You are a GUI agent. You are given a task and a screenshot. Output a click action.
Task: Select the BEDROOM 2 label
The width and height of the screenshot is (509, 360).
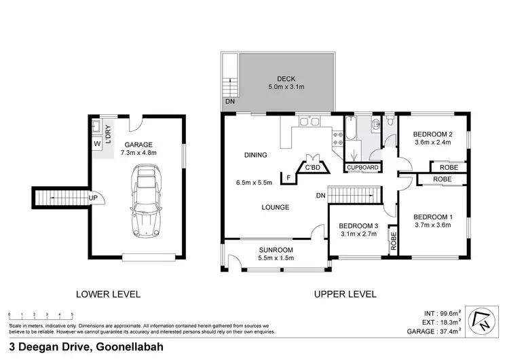pyautogui.click(x=432, y=134)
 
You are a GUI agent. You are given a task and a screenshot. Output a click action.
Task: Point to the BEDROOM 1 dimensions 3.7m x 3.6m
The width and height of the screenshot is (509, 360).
pyautogui.click(x=432, y=225)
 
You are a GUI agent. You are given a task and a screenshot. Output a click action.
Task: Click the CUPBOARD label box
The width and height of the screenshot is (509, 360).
pyautogui.click(x=362, y=167)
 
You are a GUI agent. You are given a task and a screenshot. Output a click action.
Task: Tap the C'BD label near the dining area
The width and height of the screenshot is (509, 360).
pyautogui.click(x=312, y=168)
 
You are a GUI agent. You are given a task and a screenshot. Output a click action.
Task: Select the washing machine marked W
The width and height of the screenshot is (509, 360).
pyautogui.click(x=97, y=143)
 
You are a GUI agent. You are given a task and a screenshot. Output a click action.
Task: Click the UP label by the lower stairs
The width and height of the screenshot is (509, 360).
pyautogui.click(x=92, y=198)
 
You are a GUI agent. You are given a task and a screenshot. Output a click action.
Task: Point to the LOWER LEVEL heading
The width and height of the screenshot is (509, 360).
pyautogui.click(x=108, y=294)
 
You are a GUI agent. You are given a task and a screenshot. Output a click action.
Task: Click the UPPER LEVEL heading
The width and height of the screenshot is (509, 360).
pyautogui.click(x=344, y=294)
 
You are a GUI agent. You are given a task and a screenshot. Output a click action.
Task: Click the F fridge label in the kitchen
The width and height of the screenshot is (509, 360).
pyautogui.click(x=289, y=178)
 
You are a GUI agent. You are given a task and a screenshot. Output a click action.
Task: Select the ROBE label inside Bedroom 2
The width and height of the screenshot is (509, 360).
pyautogui.click(x=448, y=167)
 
